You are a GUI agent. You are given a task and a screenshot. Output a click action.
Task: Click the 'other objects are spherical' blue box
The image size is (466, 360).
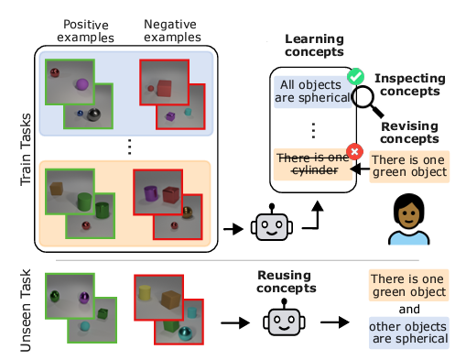407,333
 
